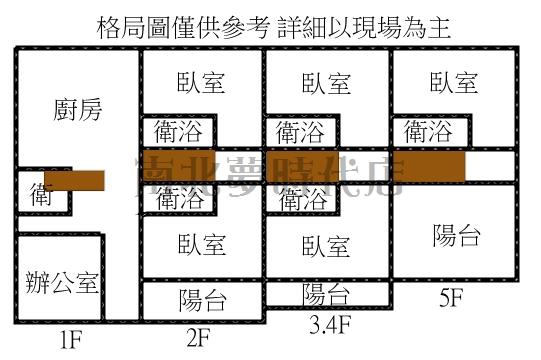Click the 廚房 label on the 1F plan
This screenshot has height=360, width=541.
click(x=77, y=109)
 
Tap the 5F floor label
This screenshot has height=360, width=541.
click(x=453, y=297)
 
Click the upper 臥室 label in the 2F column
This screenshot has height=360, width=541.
click(x=201, y=82)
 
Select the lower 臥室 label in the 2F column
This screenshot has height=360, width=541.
click(x=201, y=244)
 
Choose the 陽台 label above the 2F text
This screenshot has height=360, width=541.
click(x=202, y=299)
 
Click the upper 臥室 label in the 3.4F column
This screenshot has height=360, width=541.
click(x=326, y=82)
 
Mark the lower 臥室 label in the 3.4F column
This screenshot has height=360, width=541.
click(x=326, y=245)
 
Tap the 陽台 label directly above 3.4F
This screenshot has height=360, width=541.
click(x=326, y=294)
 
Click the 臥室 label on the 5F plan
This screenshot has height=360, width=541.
click(x=453, y=82)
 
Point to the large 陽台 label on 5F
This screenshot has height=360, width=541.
click(x=456, y=236)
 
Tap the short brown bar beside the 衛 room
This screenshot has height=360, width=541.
click(x=74, y=179)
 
